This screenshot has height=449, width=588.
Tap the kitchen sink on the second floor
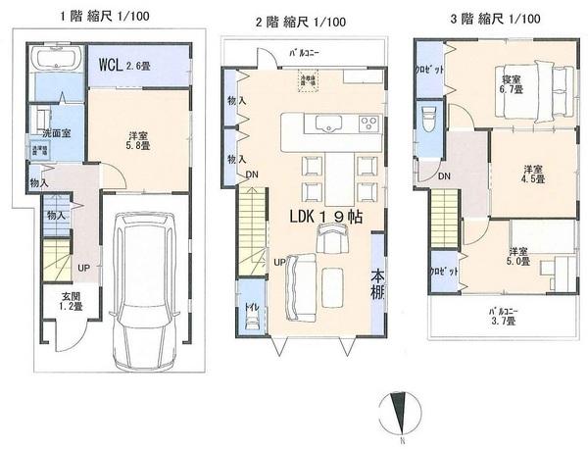[x=326, y=124]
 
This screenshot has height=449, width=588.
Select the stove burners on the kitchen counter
[x=368, y=124]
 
